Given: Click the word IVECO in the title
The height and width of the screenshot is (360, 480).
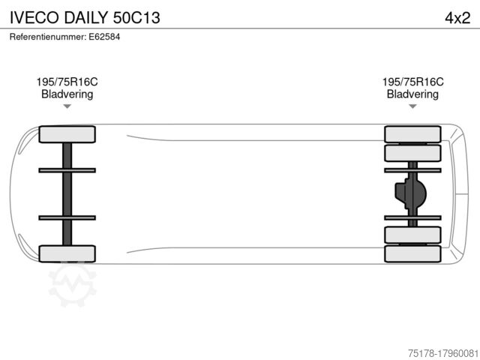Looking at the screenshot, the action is pos(34,17).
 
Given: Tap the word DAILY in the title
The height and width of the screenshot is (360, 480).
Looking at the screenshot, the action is pos(86,17).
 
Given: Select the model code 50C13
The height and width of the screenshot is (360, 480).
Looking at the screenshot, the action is pos(136,17).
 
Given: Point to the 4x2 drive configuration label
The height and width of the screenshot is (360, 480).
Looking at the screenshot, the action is pos(457,18).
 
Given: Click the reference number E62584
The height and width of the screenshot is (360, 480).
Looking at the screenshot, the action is pos(104,37).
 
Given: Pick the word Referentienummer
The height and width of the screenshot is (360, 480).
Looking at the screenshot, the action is pos(48,37).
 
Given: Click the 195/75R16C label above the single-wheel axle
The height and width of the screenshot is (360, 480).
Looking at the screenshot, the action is pos(67,82).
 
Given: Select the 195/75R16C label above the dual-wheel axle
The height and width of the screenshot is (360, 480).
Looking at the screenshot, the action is pos(412,82).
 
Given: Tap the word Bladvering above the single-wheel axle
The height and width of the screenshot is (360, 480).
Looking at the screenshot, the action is pos(67,94).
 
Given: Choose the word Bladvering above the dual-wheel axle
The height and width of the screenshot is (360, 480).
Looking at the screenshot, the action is pos(412,94).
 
